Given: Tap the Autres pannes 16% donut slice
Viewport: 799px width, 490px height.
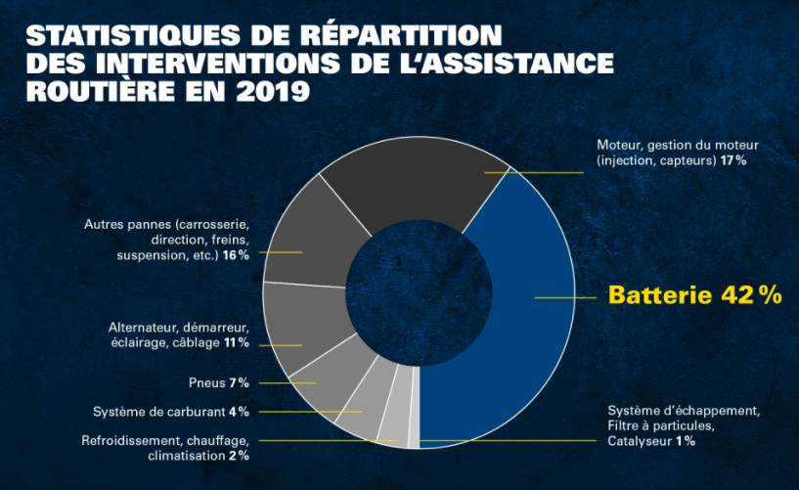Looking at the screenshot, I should [308, 235].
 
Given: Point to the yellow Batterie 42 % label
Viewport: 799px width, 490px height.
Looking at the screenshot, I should [694, 294].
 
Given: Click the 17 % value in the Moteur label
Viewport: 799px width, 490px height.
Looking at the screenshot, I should [733, 159].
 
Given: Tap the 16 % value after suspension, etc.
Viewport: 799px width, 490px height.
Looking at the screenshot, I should [236, 254].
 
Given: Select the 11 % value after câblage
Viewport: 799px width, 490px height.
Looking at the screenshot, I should [236, 343].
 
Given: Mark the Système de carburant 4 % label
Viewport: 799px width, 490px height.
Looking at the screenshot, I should [170, 411].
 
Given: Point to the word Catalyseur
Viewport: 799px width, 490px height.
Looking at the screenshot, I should [641, 441].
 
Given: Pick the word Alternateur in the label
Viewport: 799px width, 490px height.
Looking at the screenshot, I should [145, 327].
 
